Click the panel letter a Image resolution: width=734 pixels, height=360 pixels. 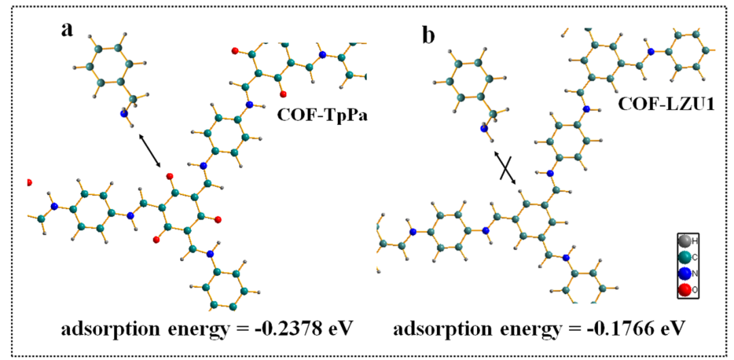pos(67,31)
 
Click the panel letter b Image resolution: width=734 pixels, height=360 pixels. pos(429,33)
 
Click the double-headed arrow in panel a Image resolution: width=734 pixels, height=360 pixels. pos(150,151)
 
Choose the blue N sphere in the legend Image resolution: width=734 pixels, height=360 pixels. pos(684,274)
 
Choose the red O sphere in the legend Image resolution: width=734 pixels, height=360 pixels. pos(684,291)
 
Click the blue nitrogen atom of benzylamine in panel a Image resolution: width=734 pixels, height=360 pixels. pos(124,114)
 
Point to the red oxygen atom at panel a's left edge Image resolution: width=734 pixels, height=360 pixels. pos(29,183)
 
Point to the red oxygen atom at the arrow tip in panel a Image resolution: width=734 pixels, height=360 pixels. pos(170,175)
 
